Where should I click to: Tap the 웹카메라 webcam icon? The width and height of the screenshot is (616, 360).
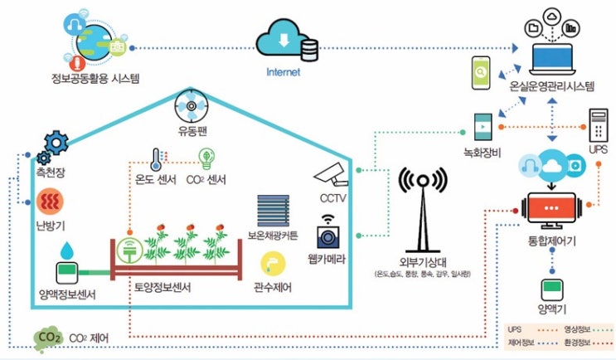[x=331, y=231]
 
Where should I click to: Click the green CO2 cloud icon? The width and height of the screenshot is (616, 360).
[x=47, y=338]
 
